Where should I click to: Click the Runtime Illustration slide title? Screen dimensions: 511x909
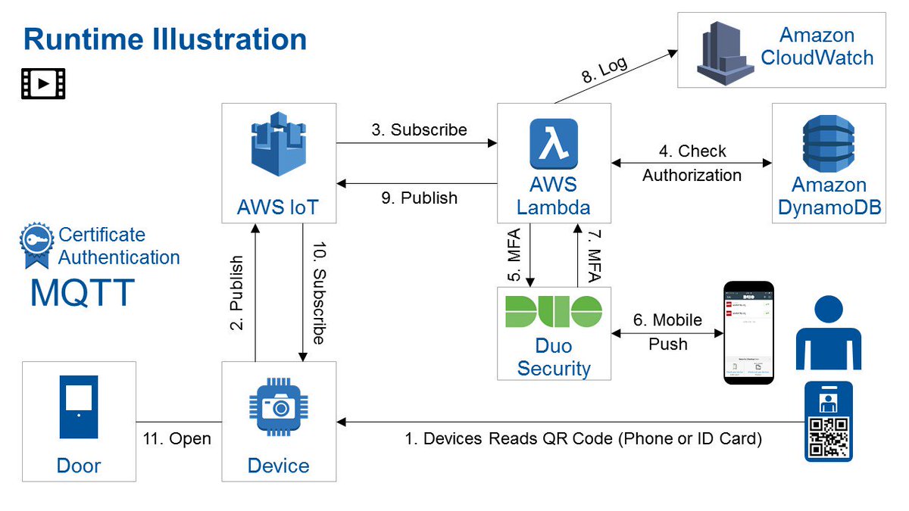click(164, 39)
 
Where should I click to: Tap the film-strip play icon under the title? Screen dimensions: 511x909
click(43, 84)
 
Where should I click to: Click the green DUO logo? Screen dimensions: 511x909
click(554, 312)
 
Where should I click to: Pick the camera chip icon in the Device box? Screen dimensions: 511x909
click(278, 407)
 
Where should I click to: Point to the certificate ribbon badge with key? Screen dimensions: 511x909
click(36, 245)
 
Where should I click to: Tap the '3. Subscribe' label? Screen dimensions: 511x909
click(419, 129)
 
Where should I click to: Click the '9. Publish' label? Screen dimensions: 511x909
click(419, 198)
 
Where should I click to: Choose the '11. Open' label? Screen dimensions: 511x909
click(176, 439)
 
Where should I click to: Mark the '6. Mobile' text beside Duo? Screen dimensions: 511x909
click(667, 319)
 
